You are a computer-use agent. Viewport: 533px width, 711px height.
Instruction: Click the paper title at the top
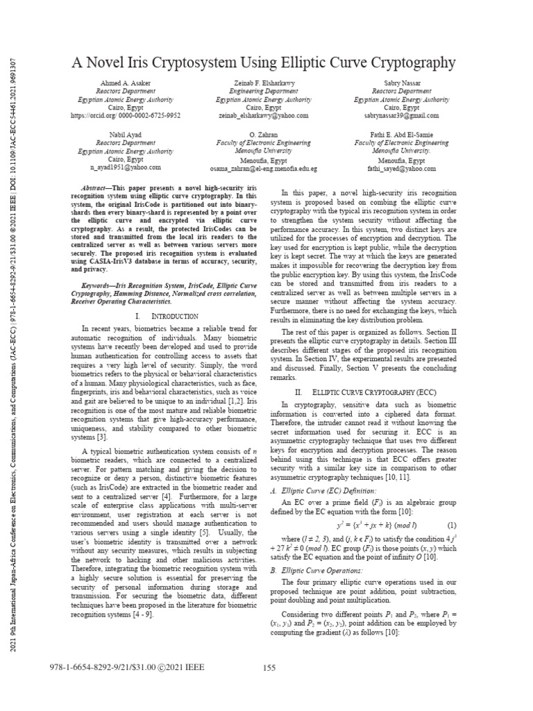coord(264,63)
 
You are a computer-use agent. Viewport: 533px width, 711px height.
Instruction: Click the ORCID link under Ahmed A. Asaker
coord(126,116)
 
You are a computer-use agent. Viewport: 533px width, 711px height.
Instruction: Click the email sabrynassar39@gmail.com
coord(401,116)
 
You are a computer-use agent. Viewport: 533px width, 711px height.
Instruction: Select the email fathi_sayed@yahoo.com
coord(401,168)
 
